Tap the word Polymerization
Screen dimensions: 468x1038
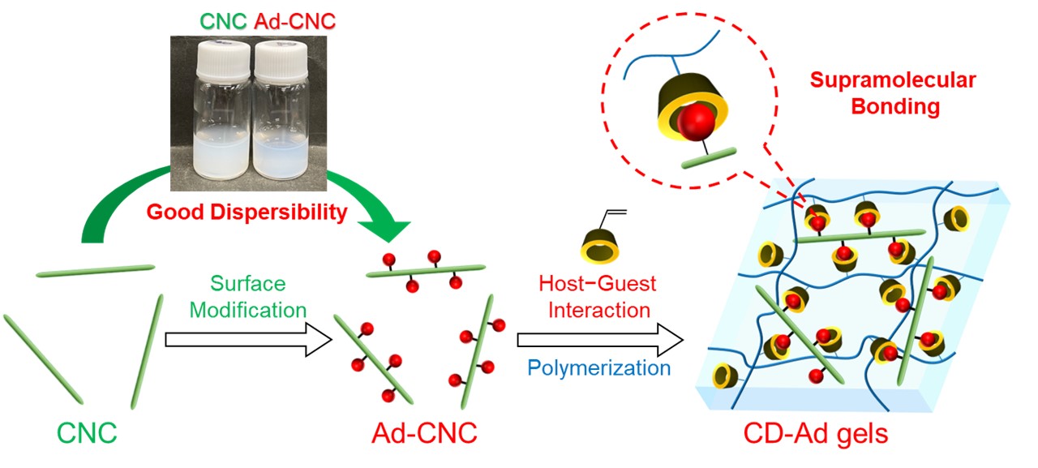point(599,367)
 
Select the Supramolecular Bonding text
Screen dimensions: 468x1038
point(893,93)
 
